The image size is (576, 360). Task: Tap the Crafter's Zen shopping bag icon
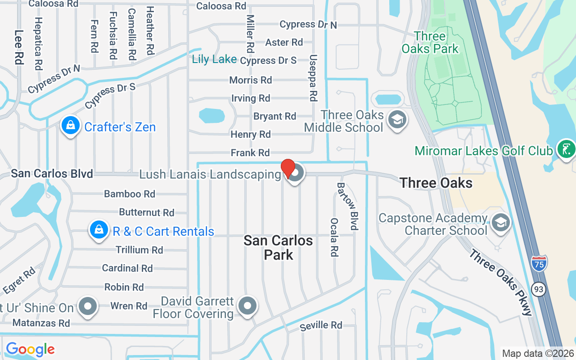[71, 126]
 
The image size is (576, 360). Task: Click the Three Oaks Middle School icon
[397, 120]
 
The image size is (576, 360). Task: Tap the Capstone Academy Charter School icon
[500, 223]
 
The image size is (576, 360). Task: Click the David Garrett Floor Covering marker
[247, 307]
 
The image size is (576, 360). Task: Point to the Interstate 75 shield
[539, 263]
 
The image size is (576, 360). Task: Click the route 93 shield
[538, 289]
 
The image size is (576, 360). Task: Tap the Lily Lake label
[214, 59]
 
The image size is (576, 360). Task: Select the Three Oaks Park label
[430, 42]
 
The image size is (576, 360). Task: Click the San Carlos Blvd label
[52, 174]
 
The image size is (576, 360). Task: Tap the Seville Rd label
[321, 325]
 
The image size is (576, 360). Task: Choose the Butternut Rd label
[146, 212]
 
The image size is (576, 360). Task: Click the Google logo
[30, 349]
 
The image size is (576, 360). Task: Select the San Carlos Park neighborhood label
[278, 247]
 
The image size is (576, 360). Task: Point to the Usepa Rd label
[313, 78]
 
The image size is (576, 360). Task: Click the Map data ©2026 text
[538, 353]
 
